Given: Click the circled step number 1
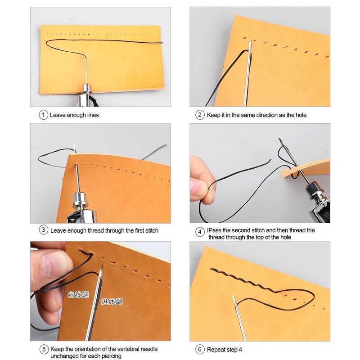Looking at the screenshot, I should click(43, 115).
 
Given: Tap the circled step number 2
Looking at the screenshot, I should click(200, 115).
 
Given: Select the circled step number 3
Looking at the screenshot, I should click(43, 230).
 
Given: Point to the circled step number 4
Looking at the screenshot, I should click(200, 233).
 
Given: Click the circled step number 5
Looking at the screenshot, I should click(43, 349).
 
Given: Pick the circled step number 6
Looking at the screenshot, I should click(200, 349).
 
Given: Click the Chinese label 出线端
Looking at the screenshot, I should click(78, 296).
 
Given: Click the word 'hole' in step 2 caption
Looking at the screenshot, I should click(300, 115).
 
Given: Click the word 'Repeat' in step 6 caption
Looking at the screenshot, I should click(216, 349).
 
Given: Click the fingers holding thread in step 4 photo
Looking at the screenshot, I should click(200, 180).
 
